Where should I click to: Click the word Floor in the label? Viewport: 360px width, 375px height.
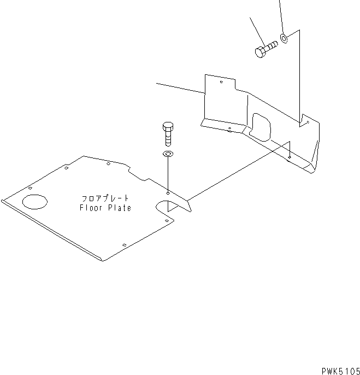[90, 208]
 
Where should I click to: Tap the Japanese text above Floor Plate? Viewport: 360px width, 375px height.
[105, 198]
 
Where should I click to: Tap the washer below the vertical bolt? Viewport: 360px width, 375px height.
[168, 154]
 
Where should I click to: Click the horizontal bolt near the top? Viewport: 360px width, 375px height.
[266, 49]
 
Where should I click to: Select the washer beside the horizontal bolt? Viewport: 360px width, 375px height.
[285, 38]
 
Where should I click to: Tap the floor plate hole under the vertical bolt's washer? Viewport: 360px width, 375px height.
[168, 192]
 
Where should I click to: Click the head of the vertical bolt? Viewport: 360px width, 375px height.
[168, 127]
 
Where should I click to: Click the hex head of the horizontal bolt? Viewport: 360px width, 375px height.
[259, 52]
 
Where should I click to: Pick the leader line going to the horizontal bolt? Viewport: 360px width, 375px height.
[257, 30]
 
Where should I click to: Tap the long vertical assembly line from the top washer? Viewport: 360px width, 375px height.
[299, 77]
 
